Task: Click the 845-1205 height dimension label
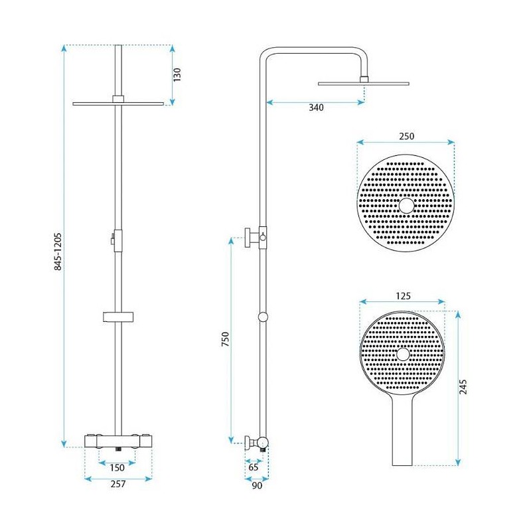click(58, 252)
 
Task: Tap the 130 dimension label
click(177, 74)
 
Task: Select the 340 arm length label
click(316, 108)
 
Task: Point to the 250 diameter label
click(406, 136)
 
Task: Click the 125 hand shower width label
click(403, 296)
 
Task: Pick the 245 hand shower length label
click(463, 387)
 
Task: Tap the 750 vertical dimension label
click(225, 339)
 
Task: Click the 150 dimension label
click(117, 468)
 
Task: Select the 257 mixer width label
click(118, 484)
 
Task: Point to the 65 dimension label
click(254, 467)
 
